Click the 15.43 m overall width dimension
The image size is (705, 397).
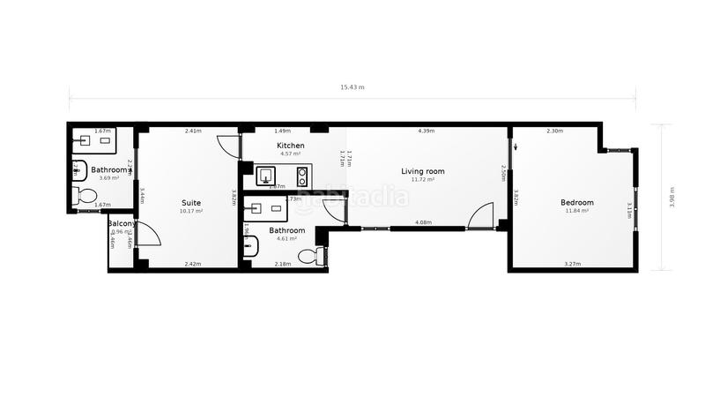(352, 87)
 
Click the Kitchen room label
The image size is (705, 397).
(291, 146)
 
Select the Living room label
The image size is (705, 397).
(423, 171)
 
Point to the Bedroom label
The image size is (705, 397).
(577, 203)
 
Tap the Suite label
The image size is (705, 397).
(191, 203)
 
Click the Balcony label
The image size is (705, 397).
(121, 224)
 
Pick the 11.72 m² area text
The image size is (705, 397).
(423, 180)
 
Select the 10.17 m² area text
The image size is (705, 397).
(191, 212)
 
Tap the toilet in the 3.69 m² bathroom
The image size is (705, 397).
(86, 195)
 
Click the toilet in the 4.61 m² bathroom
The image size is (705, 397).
(308, 256)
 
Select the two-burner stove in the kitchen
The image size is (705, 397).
(301, 174)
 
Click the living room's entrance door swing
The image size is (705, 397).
(480, 216)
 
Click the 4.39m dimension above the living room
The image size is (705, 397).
(427, 131)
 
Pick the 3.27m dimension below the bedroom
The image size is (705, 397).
(572, 264)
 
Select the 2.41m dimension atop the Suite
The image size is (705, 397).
(193, 131)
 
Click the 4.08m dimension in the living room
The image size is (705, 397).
(423, 223)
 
